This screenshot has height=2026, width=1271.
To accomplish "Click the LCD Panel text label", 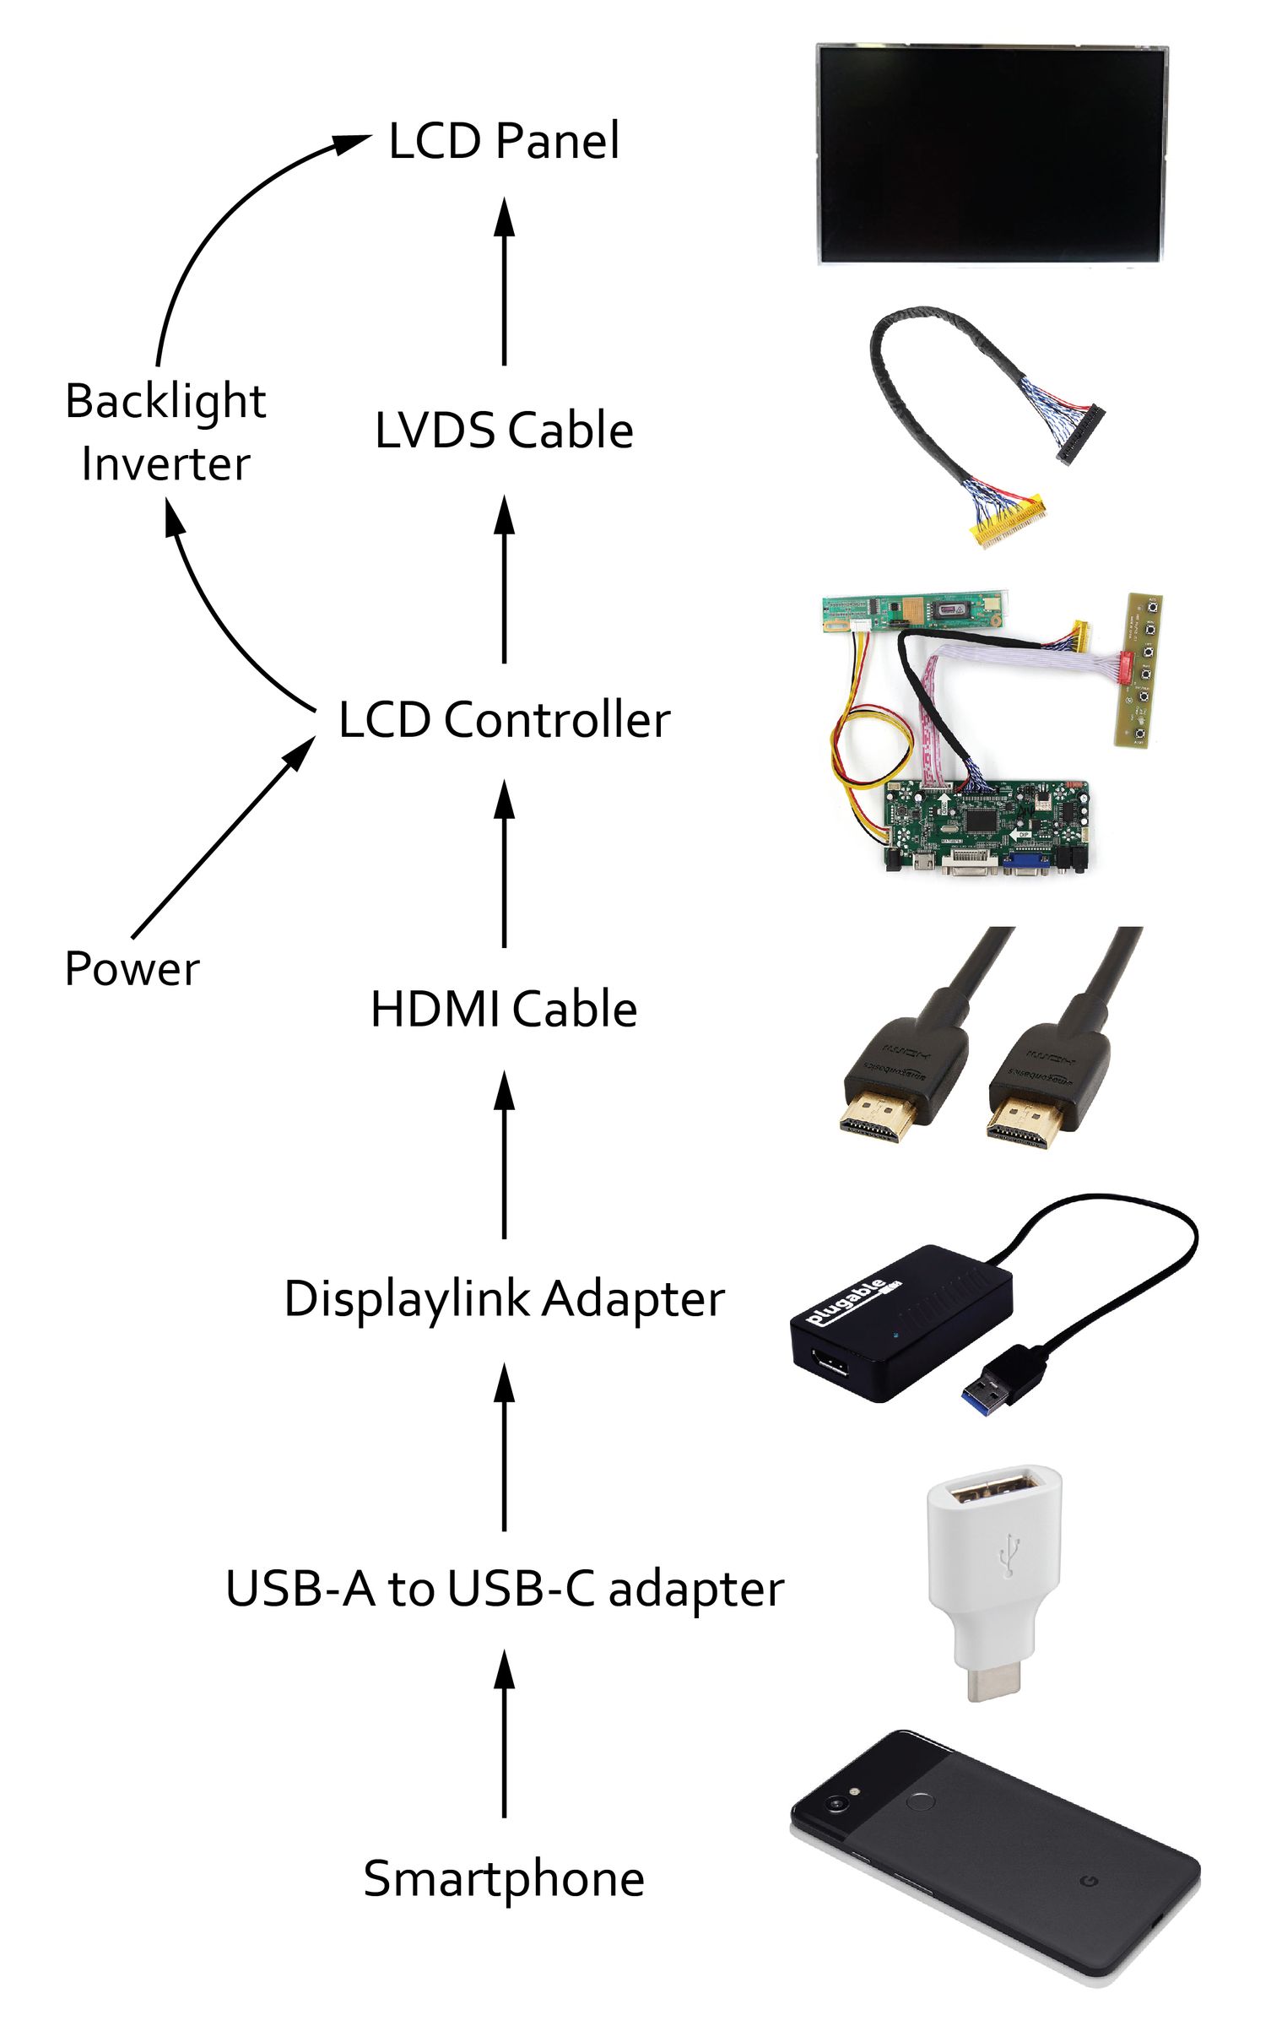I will point(504,141).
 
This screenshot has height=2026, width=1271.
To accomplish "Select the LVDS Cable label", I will point(504,431).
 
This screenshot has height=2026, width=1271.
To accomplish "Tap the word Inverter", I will point(165,464).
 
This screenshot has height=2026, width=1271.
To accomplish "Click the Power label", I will point(133,968).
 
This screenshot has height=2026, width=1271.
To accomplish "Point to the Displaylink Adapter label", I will point(504,1298).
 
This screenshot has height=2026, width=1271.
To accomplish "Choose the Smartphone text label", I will point(504,1879).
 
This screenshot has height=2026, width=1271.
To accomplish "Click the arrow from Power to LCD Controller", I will point(224,836).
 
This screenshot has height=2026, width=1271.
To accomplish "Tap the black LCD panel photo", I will point(992,154).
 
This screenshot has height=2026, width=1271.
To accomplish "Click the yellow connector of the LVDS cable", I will point(1009,523).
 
